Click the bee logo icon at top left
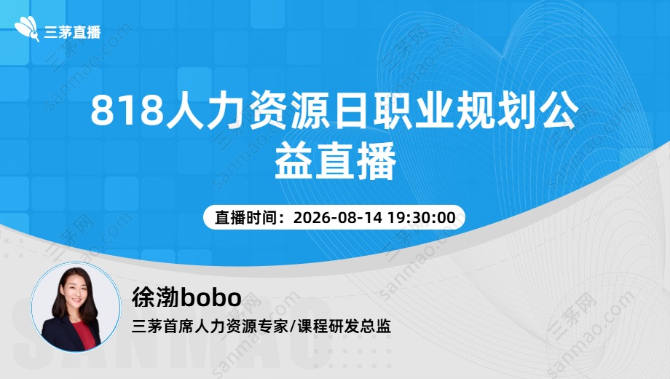tap(28, 28)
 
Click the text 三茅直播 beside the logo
tap(72, 32)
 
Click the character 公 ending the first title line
tap(559, 110)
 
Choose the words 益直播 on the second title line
tap(335, 162)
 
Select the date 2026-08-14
tap(338, 217)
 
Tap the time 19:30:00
tap(422, 217)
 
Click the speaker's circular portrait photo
tap(76, 307)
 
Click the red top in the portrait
tap(83, 335)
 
